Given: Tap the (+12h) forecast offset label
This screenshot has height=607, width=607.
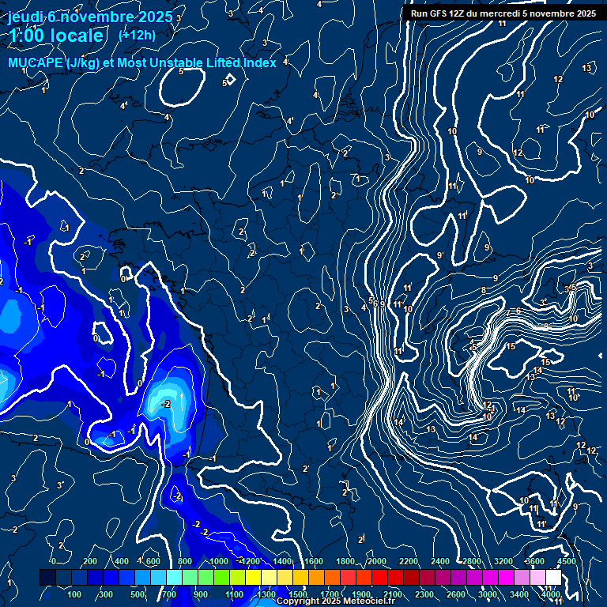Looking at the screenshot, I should [x=137, y=35].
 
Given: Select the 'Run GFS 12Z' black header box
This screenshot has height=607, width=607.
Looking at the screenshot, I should [x=503, y=13].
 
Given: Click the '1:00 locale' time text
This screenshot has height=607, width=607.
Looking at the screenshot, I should [x=56, y=36].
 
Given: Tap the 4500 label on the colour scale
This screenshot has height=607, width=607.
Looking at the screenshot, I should [x=567, y=561].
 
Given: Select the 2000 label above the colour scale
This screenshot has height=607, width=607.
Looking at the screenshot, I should [x=377, y=561].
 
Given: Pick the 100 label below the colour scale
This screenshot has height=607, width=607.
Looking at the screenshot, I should [x=75, y=594].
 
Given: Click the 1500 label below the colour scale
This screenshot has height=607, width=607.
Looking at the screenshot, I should [x=299, y=594].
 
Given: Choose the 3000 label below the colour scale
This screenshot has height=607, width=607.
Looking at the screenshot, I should [x=488, y=594].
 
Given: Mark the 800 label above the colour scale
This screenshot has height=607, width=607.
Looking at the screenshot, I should [x=185, y=561].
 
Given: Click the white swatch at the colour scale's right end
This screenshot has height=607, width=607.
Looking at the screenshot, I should [x=553, y=578].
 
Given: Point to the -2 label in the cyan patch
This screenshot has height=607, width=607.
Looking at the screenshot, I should [x=166, y=404].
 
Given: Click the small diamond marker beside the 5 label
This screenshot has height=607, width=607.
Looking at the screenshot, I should [x=231, y=81].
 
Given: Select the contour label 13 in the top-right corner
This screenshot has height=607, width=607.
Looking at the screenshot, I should [x=586, y=68].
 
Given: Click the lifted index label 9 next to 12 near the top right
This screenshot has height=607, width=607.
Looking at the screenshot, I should [x=479, y=152].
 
